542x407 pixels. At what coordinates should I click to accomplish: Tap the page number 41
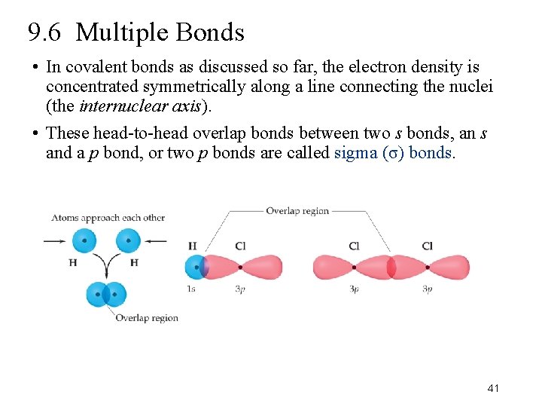click(493, 387)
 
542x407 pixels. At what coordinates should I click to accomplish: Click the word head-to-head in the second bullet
click(132, 134)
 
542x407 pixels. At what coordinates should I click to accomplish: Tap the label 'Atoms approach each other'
click(108, 218)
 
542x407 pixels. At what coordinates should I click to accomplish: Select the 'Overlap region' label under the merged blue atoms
click(147, 318)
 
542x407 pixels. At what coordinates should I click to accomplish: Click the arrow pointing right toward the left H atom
click(55, 241)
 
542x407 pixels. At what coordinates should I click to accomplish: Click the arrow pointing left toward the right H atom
click(156, 241)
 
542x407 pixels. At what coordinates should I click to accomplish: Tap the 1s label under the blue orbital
click(191, 289)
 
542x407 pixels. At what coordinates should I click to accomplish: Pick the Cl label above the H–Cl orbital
click(240, 246)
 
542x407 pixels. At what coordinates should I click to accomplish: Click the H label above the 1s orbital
click(192, 246)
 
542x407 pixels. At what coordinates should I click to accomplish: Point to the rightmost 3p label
click(427, 289)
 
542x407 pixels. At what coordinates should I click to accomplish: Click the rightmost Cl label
click(427, 246)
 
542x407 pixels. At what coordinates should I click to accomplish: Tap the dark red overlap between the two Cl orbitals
click(391, 267)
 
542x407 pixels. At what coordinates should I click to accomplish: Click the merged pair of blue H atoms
click(107, 294)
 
